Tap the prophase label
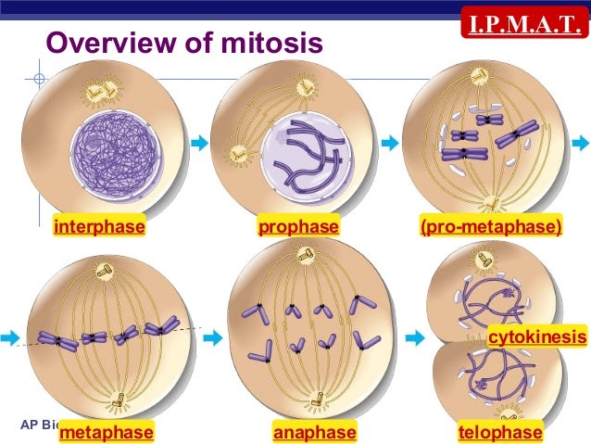click(298, 226)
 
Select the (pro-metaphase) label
click(490, 226)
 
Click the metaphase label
click(105, 432)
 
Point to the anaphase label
click(314, 432)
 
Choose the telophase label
click(500, 432)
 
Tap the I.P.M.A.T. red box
click(525, 19)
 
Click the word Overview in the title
click(104, 44)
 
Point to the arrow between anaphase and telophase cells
click(415, 338)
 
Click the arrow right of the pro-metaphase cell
click(580, 142)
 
